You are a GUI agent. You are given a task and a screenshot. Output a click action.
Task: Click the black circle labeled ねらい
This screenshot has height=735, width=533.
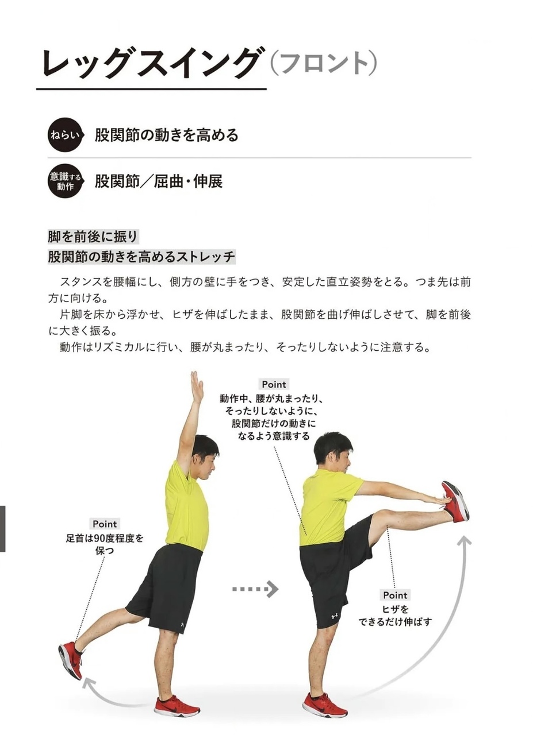click(x=65, y=134)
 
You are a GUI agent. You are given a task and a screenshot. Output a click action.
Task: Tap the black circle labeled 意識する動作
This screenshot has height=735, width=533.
click(x=65, y=181)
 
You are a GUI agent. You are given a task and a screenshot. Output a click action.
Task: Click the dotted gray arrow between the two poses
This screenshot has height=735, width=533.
click(x=255, y=589)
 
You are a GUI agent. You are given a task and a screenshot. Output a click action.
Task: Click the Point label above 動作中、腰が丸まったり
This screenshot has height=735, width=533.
click(x=274, y=384)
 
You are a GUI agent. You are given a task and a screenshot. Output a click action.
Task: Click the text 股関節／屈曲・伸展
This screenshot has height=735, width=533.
click(x=159, y=181)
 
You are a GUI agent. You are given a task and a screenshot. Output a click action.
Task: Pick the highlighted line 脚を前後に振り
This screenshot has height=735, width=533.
click(x=93, y=236)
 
